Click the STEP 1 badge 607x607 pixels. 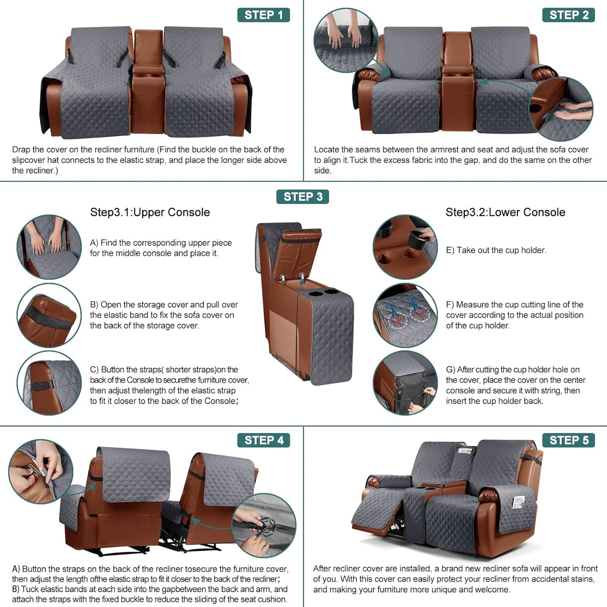[x=263, y=15]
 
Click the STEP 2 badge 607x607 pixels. [x=568, y=15]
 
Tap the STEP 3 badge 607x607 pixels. [x=302, y=197]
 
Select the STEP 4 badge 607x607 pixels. [x=263, y=440]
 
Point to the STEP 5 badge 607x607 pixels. [x=568, y=440]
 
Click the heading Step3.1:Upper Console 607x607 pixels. [x=150, y=212]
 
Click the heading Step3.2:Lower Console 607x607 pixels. [x=505, y=212]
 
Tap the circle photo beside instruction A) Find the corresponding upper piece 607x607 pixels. [x=49, y=247]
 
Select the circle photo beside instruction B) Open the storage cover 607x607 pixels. [x=49, y=315]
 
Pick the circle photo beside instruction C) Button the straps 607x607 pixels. [x=49, y=383]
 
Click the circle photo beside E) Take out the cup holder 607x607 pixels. [x=405, y=247]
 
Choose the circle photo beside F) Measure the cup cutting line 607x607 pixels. [x=405, y=315]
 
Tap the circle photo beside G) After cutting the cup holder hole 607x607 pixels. [x=405, y=383]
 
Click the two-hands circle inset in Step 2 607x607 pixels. [x=346, y=40]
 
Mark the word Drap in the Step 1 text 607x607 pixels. [x=21, y=150]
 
